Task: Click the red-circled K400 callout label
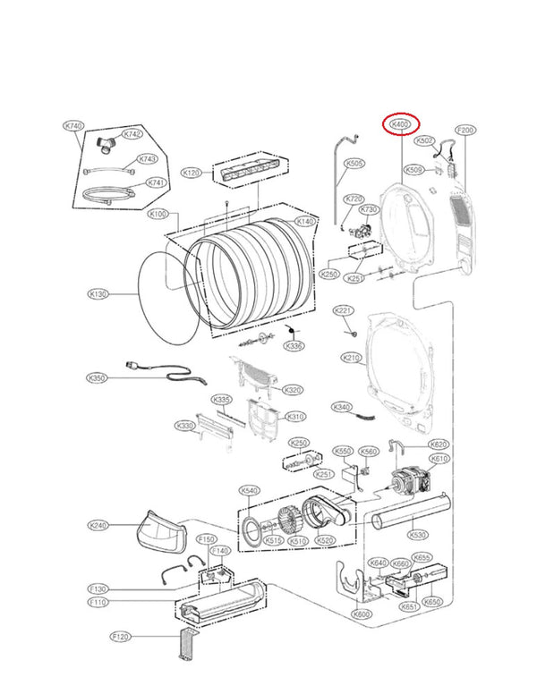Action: (x=400, y=126)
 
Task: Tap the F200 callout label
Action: (x=465, y=131)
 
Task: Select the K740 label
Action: (x=73, y=127)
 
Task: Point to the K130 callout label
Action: (x=98, y=293)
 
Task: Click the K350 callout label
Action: (x=98, y=378)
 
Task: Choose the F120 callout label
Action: (x=121, y=636)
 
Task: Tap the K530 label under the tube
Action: (x=417, y=535)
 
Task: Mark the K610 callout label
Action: (x=439, y=459)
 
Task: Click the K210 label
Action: (x=351, y=358)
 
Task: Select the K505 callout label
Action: (x=354, y=165)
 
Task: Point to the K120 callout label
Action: (x=191, y=172)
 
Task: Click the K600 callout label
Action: (x=362, y=614)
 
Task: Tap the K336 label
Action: (x=293, y=346)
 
